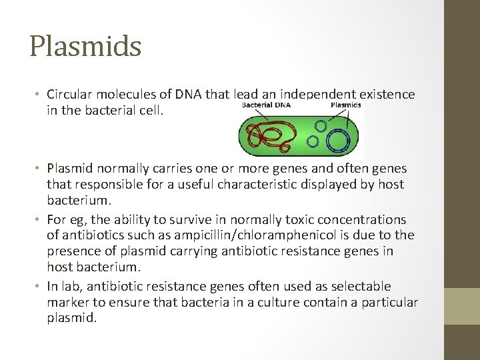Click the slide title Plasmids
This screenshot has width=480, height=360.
(85, 47)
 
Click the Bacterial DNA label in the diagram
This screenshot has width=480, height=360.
(265, 105)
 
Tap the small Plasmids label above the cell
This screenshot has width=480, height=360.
(345, 105)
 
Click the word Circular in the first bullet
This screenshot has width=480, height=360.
(69, 95)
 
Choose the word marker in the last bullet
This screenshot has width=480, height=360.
(68, 303)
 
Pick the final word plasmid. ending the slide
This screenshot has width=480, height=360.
(72, 319)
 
